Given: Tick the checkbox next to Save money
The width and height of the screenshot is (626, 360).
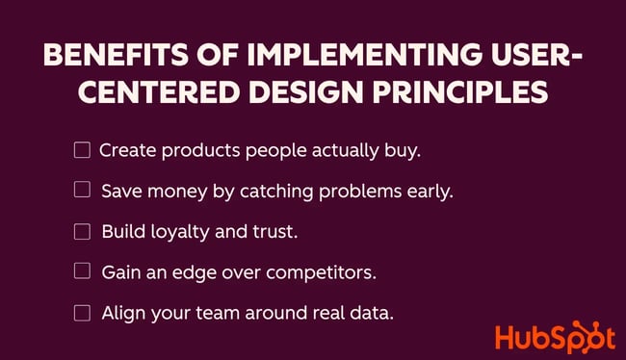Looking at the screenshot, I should click(82, 190).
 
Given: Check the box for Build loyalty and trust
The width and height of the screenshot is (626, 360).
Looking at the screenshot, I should click(82, 231).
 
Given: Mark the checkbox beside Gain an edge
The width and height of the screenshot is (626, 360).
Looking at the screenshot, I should click(82, 271).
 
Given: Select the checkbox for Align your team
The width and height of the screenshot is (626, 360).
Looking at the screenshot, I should click(82, 313).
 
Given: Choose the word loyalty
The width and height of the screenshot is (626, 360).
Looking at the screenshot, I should click(180, 232).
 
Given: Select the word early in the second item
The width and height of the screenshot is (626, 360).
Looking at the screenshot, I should click(429, 192).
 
